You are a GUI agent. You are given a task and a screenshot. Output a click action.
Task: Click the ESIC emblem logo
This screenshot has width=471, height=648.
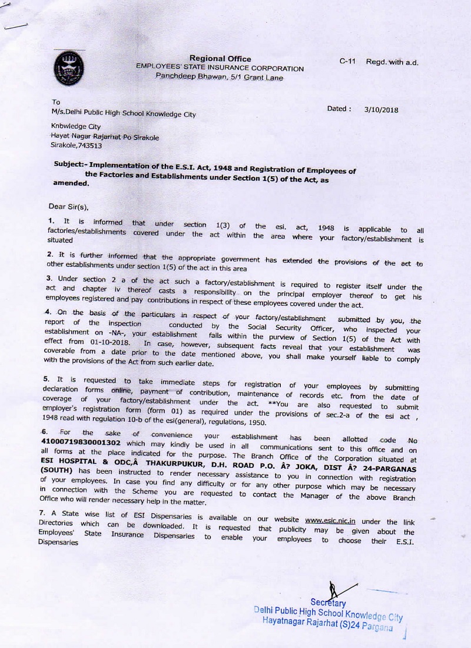click(x=68, y=67)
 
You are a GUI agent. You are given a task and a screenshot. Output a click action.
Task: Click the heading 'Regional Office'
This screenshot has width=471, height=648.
click(x=220, y=58)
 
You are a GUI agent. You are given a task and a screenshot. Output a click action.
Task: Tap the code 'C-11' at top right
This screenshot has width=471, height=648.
click(x=348, y=62)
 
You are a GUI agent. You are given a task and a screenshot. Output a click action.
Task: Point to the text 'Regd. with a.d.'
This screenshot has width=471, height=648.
click(x=392, y=62)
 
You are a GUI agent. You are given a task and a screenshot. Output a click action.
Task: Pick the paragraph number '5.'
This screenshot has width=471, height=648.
click(x=46, y=378)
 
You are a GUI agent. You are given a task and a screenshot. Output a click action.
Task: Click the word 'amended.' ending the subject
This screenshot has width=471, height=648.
click(x=71, y=183)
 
